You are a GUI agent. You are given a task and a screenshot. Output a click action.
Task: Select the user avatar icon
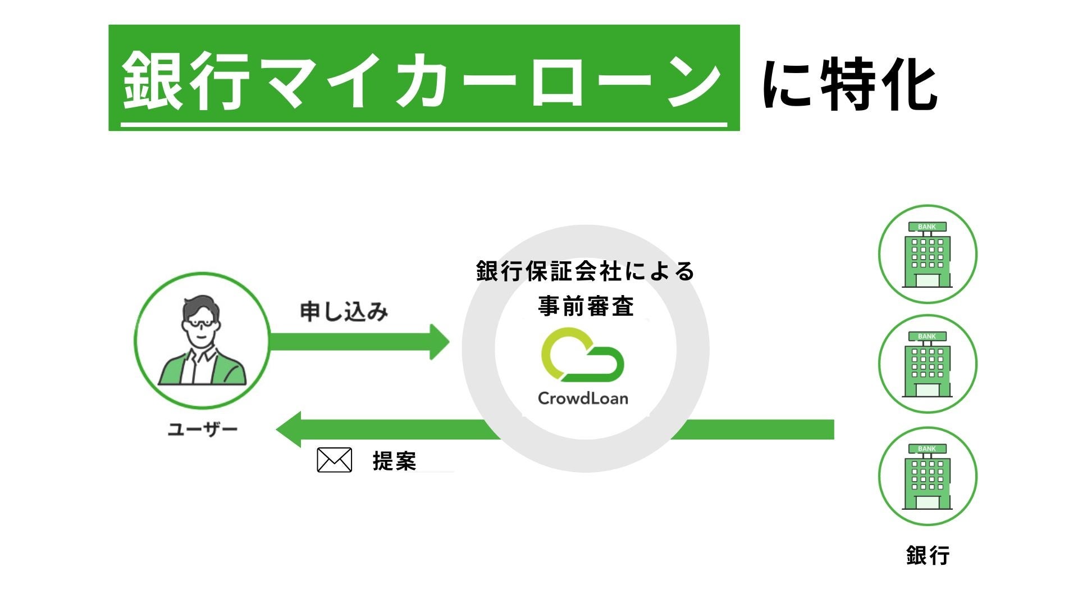(x=202, y=340)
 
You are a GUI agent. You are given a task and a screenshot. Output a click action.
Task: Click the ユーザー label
(x=203, y=430)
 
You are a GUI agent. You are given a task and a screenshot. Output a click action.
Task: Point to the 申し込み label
(x=344, y=311)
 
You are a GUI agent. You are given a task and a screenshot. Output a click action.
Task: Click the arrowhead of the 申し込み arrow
(x=439, y=342)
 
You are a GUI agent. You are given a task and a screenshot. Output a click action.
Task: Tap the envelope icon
(x=335, y=460)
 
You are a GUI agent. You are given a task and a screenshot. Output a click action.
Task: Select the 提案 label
(x=394, y=461)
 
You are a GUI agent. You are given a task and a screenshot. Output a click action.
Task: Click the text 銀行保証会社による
(x=586, y=271)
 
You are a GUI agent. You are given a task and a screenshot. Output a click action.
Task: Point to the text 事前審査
(x=586, y=306)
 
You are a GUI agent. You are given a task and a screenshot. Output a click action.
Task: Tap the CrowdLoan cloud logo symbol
(x=582, y=355)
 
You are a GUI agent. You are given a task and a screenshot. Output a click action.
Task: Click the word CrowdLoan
(x=583, y=398)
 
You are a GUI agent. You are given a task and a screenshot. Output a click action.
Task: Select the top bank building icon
(x=928, y=254)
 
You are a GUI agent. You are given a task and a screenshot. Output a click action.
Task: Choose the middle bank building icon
(x=928, y=364)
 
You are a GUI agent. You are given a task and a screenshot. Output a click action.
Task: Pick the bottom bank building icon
(x=928, y=476)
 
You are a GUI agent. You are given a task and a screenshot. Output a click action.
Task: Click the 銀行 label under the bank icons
(x=928, y=555)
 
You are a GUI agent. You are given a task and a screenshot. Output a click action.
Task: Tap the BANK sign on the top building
(x=927, y=227)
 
